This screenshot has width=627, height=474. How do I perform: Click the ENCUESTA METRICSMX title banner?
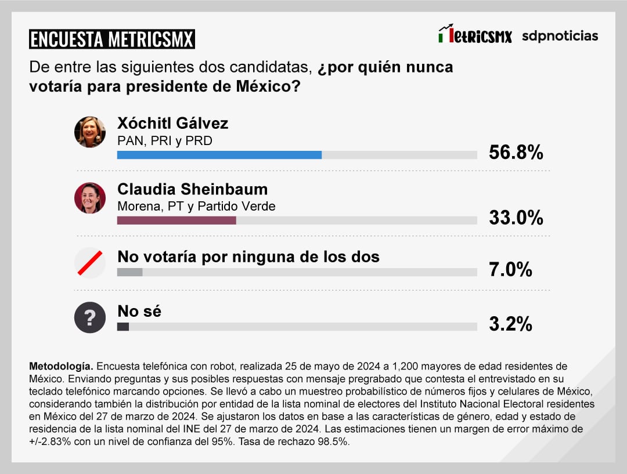point(111,39)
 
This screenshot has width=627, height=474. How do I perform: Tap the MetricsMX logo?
point(475,35)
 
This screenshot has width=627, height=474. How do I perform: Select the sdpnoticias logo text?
point(560,36)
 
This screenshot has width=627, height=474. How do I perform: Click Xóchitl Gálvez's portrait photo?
point(90,132)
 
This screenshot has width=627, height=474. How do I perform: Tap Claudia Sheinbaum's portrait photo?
point(90,198)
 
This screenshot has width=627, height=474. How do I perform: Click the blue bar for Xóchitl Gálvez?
point(219,155)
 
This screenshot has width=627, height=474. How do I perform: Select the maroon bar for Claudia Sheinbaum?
point(176,220)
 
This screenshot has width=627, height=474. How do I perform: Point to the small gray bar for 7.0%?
point(129,272)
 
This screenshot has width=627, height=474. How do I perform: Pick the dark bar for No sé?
point(123,327)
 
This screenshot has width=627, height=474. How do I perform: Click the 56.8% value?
point(516,153)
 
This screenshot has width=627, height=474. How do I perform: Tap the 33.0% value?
point(516,218)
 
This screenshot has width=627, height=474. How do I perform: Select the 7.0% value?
point(510,270)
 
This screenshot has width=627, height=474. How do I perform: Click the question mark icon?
point(90,317)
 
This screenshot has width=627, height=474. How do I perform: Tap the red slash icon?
point(90,263)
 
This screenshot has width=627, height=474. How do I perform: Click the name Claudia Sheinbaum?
point(192,189)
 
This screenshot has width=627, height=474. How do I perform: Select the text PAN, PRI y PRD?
point(165,140)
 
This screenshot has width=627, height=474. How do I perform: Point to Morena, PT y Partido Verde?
point(196,206)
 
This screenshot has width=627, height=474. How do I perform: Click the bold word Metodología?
point(60,367)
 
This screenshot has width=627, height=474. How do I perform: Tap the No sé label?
point(139,311)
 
